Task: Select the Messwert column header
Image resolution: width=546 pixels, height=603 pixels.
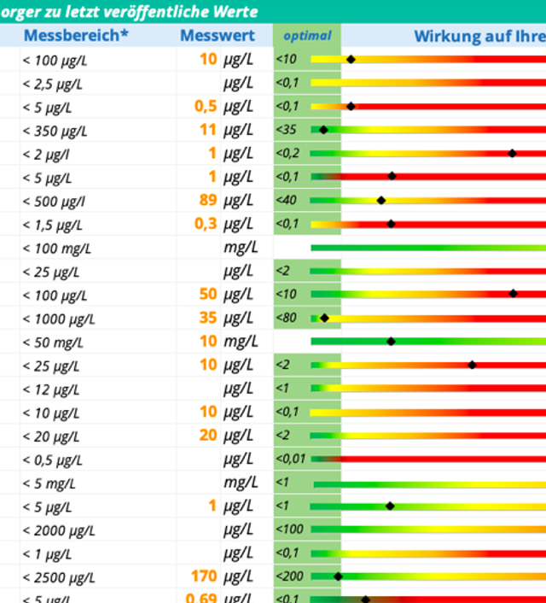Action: (217, 36)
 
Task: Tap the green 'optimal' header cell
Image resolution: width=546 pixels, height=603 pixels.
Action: (306, 36)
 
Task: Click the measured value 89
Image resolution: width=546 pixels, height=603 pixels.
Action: (206, 200)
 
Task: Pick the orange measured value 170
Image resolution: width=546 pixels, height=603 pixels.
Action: (204, 576)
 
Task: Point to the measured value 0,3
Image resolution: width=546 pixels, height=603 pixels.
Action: (205, 224)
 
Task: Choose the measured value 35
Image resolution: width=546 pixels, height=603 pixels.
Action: (208, 318)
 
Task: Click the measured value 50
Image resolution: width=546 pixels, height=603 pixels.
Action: (208, 294)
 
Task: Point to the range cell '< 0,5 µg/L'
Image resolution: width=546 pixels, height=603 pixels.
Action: (53, 460)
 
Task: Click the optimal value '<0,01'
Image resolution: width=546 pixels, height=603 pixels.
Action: (291, 459)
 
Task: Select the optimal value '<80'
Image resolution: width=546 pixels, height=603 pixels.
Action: (287, 318)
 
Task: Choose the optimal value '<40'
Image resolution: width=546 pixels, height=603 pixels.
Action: (287, 200)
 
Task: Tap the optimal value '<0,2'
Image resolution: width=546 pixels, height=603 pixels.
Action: (288, 153)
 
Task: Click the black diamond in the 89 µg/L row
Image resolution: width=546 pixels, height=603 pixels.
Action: (381, 200)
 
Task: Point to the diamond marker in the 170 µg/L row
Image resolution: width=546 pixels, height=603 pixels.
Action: (338, 576)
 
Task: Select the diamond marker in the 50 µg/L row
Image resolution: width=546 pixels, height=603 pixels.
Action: (513, 294)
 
